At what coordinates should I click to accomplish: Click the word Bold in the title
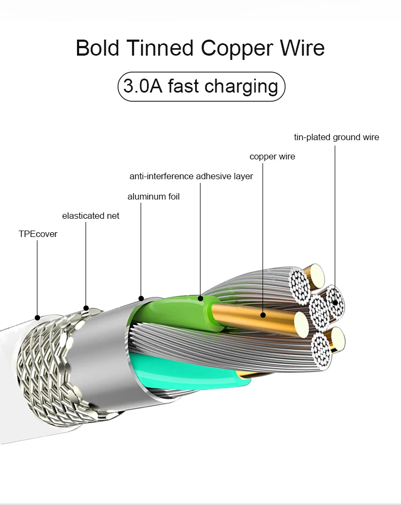[x=98, y=48]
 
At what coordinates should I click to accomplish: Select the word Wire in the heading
[x=302, y=48]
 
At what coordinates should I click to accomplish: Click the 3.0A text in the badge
[x=143, y=86]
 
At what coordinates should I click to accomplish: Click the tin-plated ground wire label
[x=336, y=137]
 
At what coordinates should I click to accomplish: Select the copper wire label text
[x=272, y=157]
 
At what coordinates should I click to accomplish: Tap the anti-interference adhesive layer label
[x=191, y=176]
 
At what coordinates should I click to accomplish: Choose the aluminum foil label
[x=153, y=197]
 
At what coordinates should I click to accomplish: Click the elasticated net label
[x=90, y=216]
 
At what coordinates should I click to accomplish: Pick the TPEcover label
[x=38, y=234]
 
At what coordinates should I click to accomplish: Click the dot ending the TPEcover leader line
[x=37, y=317]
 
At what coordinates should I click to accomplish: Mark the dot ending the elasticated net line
[x=86, y=308]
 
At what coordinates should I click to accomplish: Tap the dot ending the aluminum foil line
[x=141, y=298]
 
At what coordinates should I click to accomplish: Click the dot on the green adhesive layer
[x=200, y=298]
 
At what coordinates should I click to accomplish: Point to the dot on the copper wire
[x=264, y=315]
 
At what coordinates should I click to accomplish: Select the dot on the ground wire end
[x=336, y=303]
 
